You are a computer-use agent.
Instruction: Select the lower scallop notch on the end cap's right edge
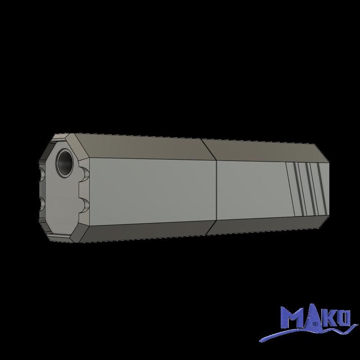84,205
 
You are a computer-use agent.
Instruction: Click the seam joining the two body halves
212,187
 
